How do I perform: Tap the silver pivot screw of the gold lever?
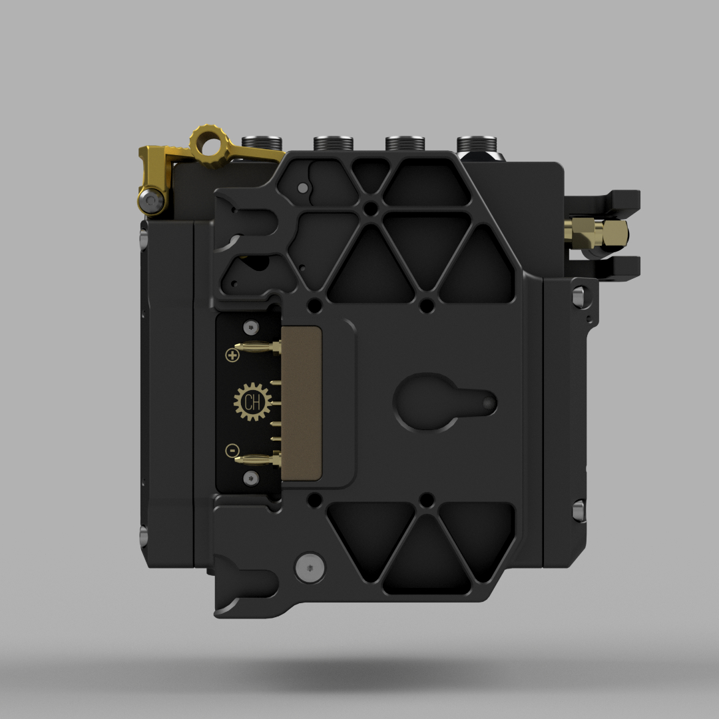pyautogui.click(x=152, y=201)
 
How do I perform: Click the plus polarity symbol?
pyautogui.click(x=232, y=355)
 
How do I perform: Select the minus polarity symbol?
pyautogui.click(x=232, y=451)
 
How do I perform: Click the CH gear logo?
pyautogui.click(x=252, y=402)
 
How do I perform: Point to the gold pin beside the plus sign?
pyautogui.click(x=257, y=347)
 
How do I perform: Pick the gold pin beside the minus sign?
pyautogui.click(x=257, y=459)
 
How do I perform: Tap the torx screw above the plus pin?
pyautogui.click(x=251, y=328)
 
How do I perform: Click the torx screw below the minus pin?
pyautogui.click(x=251, y=478)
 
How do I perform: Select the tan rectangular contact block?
pyautogui.click(x=301, y=403)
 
